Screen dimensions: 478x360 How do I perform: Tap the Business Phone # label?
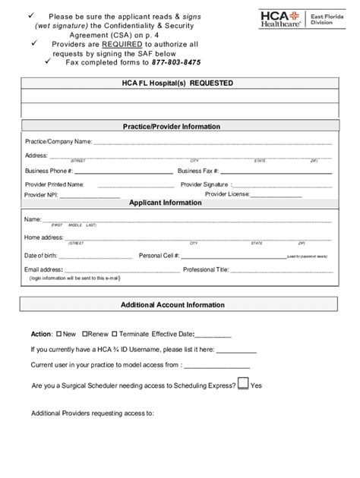(49, 171)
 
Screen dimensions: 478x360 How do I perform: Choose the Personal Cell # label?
(159, 256)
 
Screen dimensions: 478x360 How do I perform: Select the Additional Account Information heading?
(173, 305)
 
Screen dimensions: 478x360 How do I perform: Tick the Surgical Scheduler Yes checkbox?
(243, 384)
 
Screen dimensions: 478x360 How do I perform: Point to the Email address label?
(43, 269)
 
